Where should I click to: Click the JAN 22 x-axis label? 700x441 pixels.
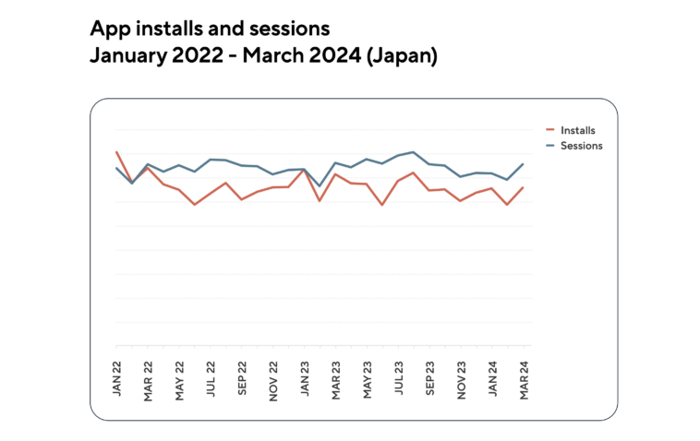117,376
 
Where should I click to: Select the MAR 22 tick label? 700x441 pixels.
149,376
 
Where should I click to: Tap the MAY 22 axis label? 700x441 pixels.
180,376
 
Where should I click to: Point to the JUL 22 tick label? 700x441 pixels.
211,376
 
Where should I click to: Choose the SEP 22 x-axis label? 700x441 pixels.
243,376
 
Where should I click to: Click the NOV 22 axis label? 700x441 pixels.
274,376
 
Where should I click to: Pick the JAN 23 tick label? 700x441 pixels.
306,376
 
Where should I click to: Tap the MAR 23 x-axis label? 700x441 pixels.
337,376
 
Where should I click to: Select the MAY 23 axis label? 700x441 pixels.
368,376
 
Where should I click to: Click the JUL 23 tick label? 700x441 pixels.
400,376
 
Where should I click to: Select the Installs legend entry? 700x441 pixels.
577,131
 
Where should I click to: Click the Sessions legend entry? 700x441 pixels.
581,146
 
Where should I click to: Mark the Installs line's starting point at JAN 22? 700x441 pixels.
116,152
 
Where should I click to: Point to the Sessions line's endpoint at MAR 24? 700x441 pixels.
524,164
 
